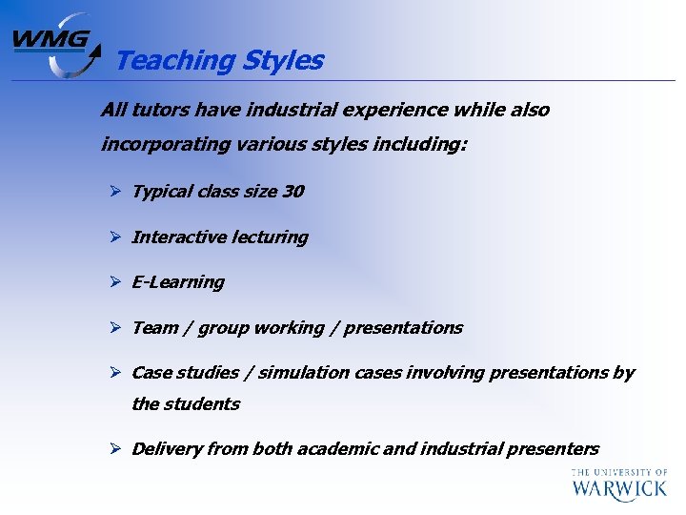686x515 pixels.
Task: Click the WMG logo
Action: coord(55,45)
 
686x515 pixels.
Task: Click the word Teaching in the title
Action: coord(174,61)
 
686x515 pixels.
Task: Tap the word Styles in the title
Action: coord(283,61)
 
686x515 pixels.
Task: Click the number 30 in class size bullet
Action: coord(293,192)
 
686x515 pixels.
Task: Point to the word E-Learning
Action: coord(178,282)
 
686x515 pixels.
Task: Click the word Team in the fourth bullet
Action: coord(154,328)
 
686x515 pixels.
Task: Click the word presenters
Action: coord(553,449)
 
